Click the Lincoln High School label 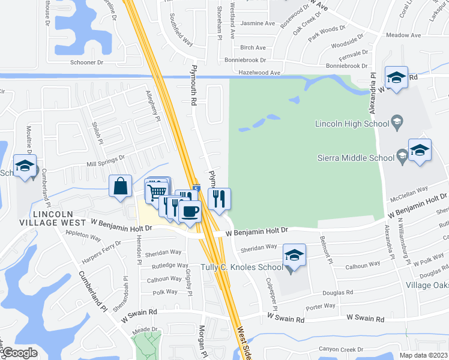(x=353, y=124)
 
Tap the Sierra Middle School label (x=357, y=158)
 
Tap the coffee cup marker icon (x=190, y=212)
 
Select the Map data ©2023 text (x=423, y=355)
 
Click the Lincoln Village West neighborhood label (x=60, y=218)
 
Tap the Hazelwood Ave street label (x=259, y=73)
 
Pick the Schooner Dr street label (x=86, y=62)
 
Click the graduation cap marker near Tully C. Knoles (x=294, y=256)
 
